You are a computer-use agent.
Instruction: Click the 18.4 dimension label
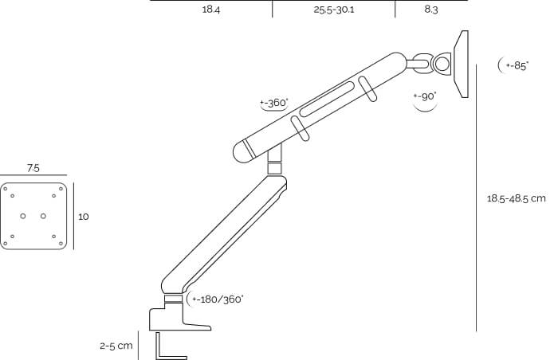(x=210, y=10)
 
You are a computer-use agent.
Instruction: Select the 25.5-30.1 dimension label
(x=333, y=10)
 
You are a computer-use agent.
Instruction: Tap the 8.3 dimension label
(x=431, y=10)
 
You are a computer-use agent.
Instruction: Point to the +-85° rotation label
(x=517, y=66)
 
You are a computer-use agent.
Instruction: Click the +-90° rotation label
(x=425, y=96)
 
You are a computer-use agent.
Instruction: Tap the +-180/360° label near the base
(x=218, y=299)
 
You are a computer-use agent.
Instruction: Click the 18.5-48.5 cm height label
(x=516, y=198)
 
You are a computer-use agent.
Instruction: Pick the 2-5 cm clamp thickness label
(x=116, y=346)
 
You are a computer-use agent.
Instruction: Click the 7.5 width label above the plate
(x=33, y=168)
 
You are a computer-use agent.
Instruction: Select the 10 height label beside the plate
(x=83, y=216)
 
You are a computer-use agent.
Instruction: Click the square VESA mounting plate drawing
(x=33, y=216)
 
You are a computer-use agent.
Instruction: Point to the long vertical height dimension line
(x=476, y=198)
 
